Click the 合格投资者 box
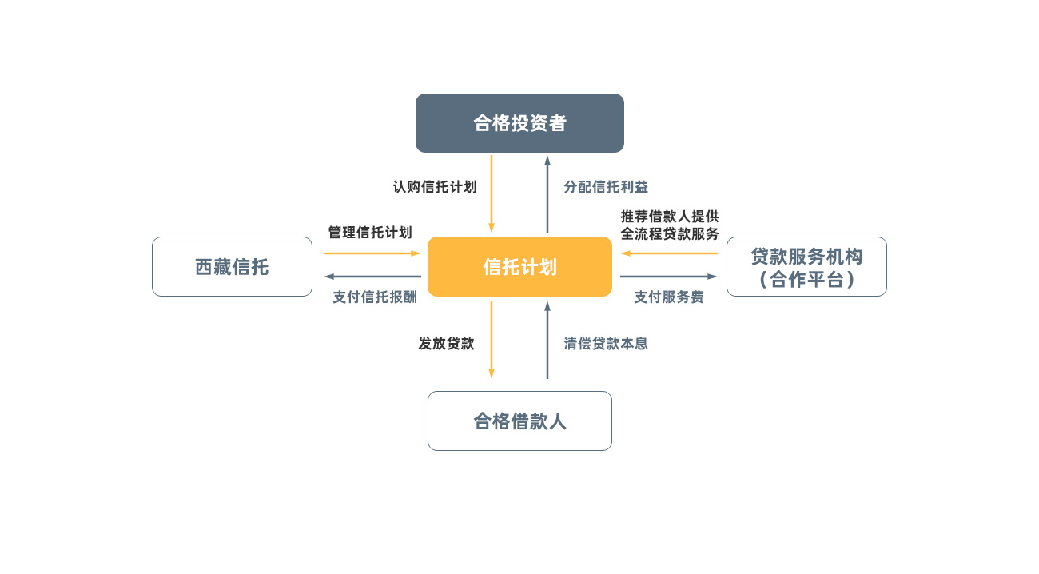(x=519, y=123)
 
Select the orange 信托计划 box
(x=519, y=267)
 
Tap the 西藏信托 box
(x=232, y=267)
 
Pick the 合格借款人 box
(x=519, y=421)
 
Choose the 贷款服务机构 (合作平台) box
(x=806, y=267)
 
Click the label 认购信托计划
(x=435, y=187)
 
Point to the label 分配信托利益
(x=606, y=187)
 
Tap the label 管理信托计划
(x=370, y=233)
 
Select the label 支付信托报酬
(x=375, y=297)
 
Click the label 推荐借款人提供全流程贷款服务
(x=670, y=225)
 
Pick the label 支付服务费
(x=669, y=297)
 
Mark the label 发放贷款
(x=446, y=344)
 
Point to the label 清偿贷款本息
(x=606, y=344)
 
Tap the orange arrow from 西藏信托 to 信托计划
(x=372, y=253)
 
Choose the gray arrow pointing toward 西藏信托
(x=372, y=277)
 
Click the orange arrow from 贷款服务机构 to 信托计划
(x=669, y=253)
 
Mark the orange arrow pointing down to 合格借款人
(x=492, y=339)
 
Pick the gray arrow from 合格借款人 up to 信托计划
(x=547, y=339)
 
